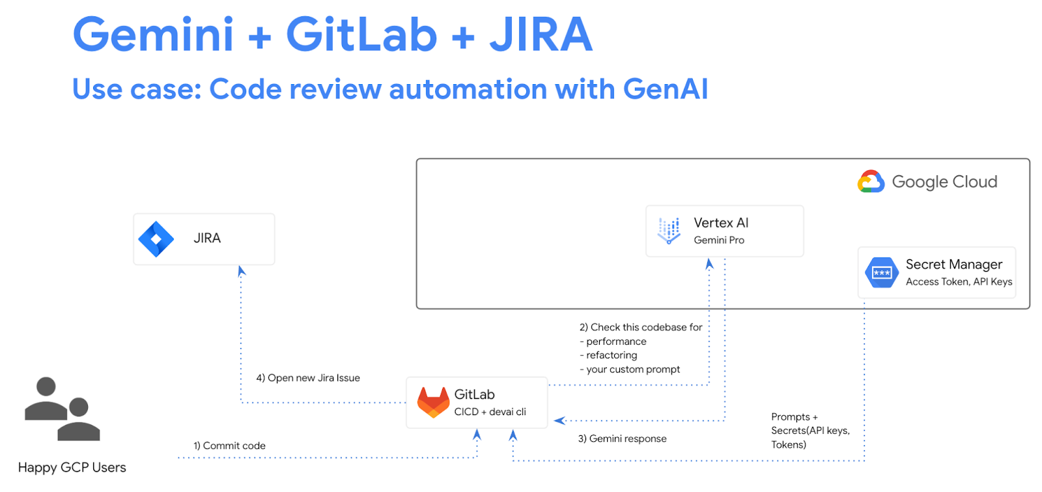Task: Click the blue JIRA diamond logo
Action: coord(156,239)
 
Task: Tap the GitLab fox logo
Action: coord(433,402)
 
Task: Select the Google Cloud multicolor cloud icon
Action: coord(871,182)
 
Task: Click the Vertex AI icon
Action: coord(669,231)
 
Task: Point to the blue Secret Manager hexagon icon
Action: coord(881,272)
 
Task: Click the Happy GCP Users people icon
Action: coord(62,409)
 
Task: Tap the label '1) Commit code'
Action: coord(229,446)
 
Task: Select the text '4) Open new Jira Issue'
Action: coord(308,378)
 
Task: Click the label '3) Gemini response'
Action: coord(622,439)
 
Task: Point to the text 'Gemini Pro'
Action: coord(719,240)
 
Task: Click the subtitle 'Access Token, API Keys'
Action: coord(959,282)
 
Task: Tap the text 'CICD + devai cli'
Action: coord(490,412)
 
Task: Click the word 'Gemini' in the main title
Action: coord(153,35)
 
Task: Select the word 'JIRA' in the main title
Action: coord(541,35)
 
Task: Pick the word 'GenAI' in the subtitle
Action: coord(665,89)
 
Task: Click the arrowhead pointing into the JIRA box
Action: coord(241,271)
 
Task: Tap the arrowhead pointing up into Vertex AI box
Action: coord(709,264)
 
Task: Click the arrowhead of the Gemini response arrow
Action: coord(559,420)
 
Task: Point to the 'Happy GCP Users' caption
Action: coord(72,467)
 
